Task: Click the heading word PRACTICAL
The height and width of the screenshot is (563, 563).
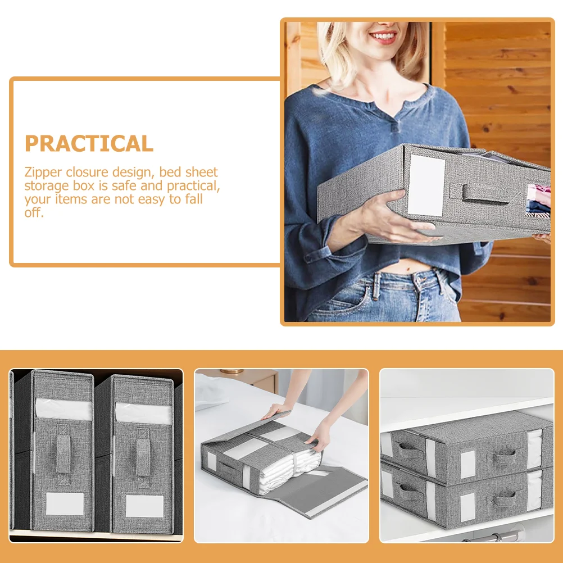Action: [89, 143]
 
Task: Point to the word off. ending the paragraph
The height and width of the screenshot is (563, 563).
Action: [34, 212]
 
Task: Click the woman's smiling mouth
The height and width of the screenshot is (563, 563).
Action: [383, 37]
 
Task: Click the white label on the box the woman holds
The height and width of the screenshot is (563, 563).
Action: [426, 185]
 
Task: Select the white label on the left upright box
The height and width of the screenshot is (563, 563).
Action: [65, 504]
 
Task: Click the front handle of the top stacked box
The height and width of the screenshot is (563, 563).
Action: [504, 457]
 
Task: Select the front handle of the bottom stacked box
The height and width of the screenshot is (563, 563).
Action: [504, 499]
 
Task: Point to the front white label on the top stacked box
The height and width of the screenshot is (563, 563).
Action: [467, 464]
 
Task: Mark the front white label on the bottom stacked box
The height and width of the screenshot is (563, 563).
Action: [467, 507]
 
